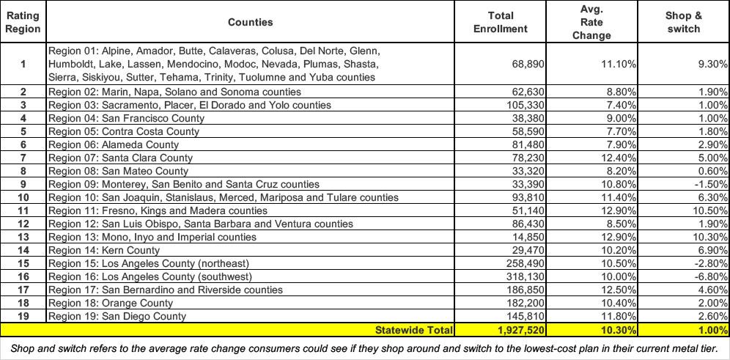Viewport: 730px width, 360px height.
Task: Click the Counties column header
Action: [250, 22]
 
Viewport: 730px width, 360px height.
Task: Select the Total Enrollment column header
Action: [501, 22]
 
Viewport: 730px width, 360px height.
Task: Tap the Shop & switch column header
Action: [682, 22]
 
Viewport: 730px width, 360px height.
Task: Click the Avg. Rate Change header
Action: [591, 22]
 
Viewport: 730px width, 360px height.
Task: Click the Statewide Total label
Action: [414, 330]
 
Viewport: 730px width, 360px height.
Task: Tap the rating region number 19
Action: [23, 316]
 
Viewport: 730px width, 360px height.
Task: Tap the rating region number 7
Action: [23, 158]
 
